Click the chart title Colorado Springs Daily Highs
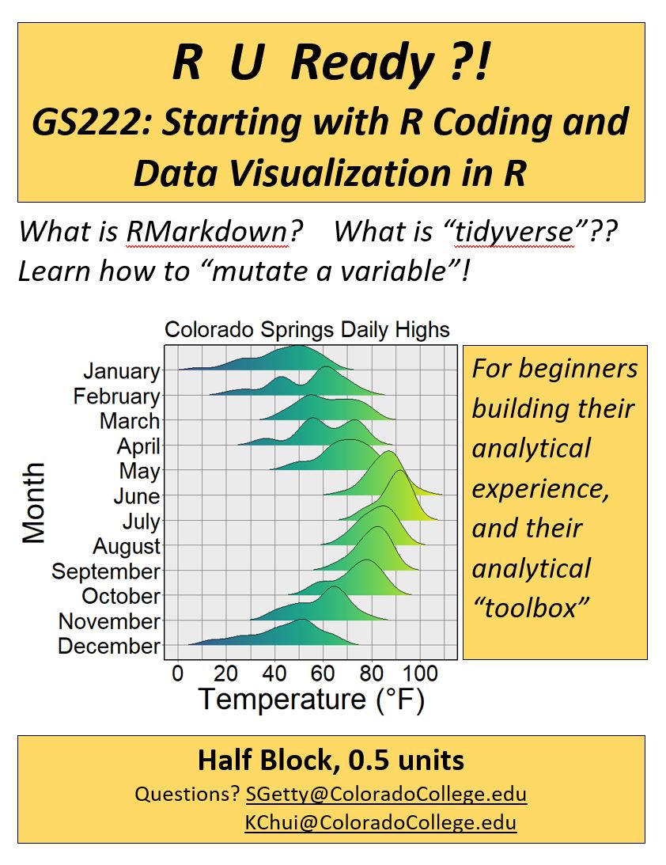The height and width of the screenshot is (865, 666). click(307, 329)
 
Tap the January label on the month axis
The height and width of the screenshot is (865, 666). click(121, 371)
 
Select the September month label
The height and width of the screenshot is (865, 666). click(106, 572)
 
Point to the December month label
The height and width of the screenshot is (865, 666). click(109, 646)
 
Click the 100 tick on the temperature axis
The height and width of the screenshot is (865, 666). click(420, 673)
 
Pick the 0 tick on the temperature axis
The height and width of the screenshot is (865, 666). click(177, 673)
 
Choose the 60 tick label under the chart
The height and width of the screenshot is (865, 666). click(323, 673)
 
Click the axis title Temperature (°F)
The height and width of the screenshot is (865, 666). click(312, 700)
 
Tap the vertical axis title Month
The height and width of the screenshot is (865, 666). click(34, 503)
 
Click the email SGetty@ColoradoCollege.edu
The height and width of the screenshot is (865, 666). click(386, 794)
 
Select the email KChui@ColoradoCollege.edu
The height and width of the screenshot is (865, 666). click(381, 822)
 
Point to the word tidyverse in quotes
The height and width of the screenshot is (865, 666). click(514, 232)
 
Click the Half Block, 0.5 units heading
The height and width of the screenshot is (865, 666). click(331, 761)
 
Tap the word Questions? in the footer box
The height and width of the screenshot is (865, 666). click(187, 794)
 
